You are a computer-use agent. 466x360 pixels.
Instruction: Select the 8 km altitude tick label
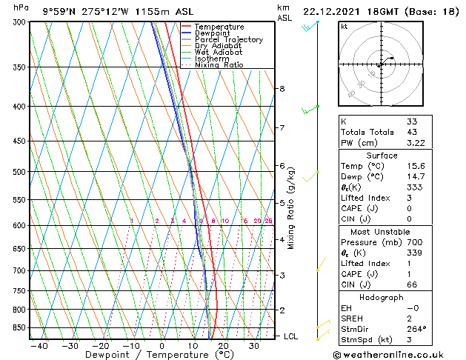click(282, 89)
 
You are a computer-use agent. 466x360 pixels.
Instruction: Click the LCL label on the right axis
click(291, 336)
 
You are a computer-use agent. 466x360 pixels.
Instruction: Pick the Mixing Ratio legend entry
click(219, 65)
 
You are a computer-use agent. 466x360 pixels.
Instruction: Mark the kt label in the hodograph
click(344, 26)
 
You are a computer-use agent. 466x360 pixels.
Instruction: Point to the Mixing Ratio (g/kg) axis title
click(292, 208)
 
